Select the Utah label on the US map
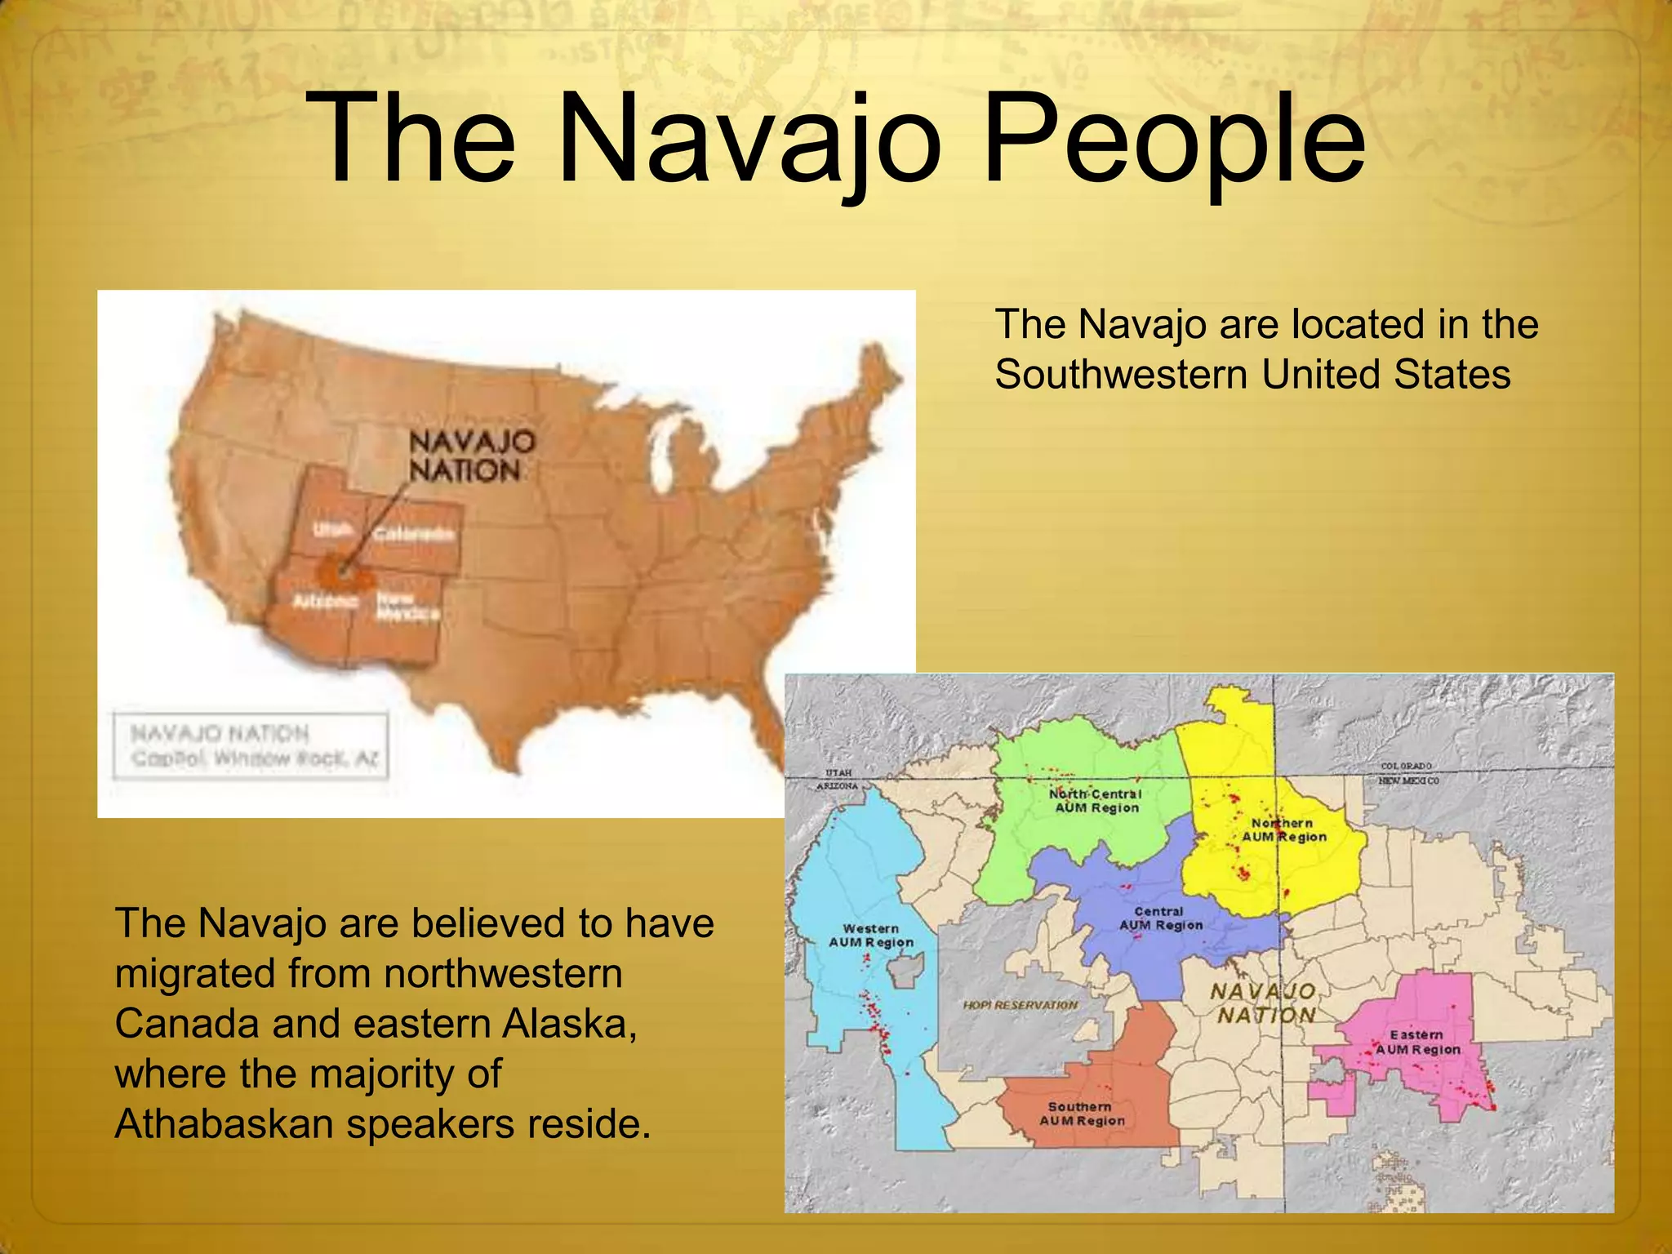pos(333,530)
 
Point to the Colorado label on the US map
pos(414,534)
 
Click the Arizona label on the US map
pos(325,602)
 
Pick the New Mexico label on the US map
pos(407,607)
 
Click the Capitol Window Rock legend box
pos(251,746)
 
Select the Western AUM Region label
pos(871,936)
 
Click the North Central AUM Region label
pos(1096,801)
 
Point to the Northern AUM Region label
pos(1283,830)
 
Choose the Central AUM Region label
pos(1160,918)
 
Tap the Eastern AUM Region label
pos(1417,1042)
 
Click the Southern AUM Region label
pos(1081,1114)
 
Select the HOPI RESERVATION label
pos(1020,1005)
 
